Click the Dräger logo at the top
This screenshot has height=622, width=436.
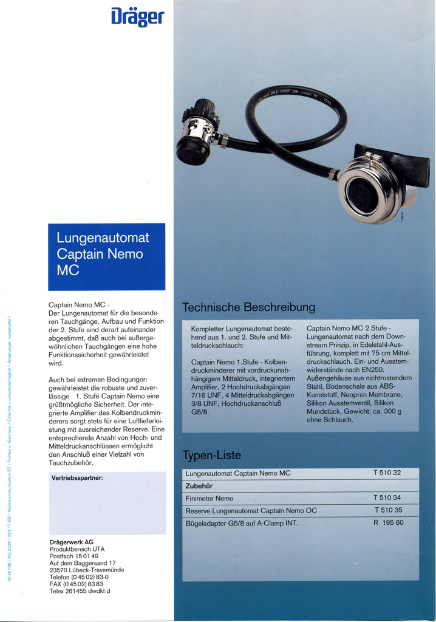[137, 16]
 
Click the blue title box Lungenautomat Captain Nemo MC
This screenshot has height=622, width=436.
[106, 256]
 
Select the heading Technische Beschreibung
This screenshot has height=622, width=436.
[248, 307]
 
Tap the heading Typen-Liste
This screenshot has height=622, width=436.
[212, 455]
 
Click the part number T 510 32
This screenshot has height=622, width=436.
[387, 473]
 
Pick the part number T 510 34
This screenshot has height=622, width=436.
[387, 498]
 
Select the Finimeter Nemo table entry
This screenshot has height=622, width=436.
[209, 498]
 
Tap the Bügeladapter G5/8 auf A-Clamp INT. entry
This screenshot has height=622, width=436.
[242, 523]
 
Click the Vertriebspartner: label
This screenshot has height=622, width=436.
[77, 478]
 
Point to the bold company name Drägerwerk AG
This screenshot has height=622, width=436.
[71, 542]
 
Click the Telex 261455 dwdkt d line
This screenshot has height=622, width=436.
[80, 591]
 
